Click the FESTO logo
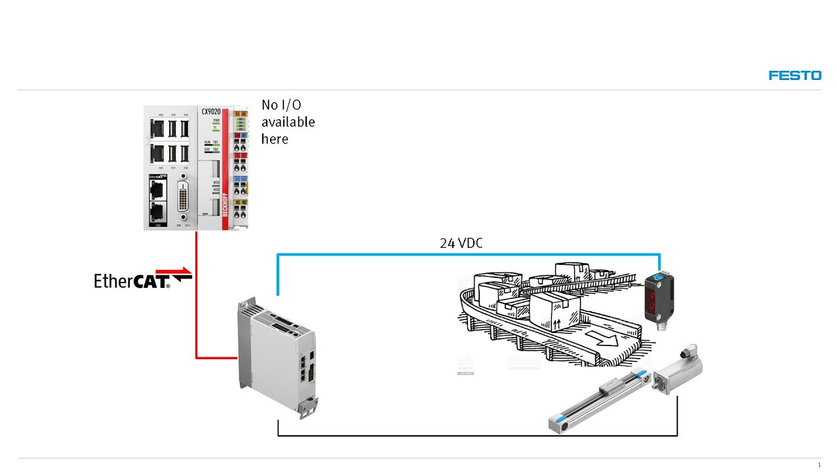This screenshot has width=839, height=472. click(794, 75)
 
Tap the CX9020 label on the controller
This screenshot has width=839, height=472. click(210, 112)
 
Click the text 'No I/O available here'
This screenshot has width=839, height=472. click(288, 122)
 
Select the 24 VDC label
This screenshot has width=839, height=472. click(461, 243)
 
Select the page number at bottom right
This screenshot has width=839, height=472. click(819, 465)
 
